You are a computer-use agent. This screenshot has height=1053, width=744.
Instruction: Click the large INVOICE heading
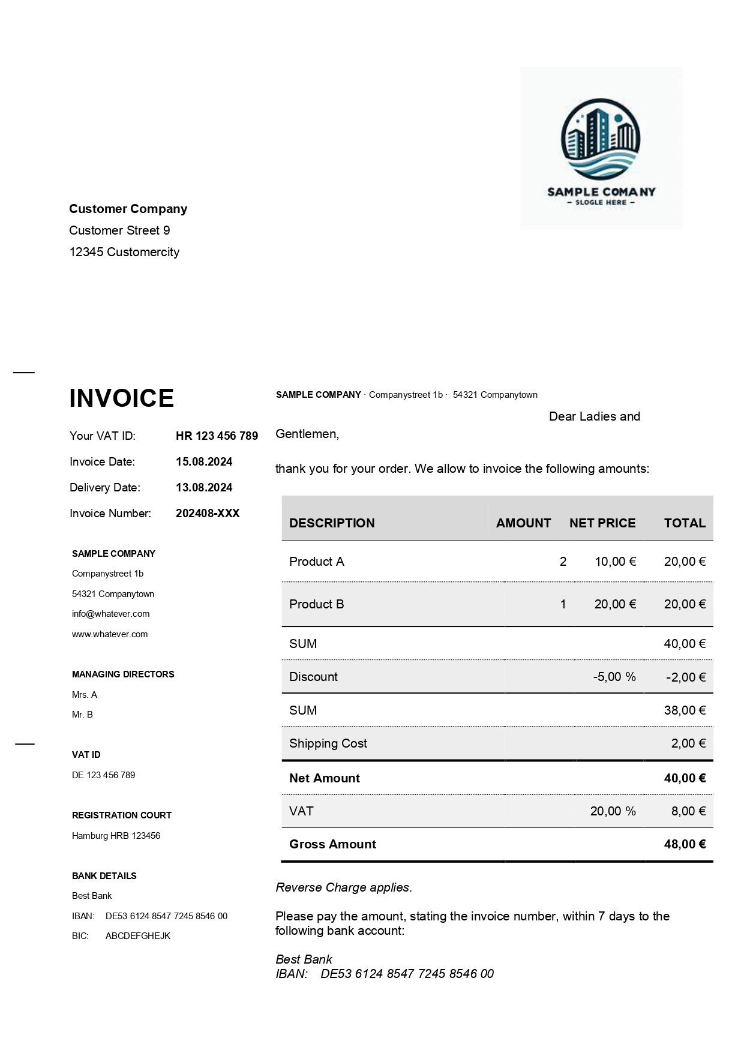[122, 398]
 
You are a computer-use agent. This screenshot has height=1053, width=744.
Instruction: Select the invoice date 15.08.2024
[204, 462]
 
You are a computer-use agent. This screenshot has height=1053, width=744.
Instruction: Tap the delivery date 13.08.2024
[204, 488]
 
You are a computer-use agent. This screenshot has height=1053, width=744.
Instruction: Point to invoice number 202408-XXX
[208, 514]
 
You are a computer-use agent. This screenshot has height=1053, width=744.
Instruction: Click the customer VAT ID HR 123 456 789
[217, 436]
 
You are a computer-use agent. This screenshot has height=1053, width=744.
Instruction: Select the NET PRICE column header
[602, 523]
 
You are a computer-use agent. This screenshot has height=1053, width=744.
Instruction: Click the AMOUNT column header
[523, 523]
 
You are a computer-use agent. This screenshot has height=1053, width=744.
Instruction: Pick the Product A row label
[317, 562]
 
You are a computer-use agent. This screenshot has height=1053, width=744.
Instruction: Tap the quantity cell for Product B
[563, 604]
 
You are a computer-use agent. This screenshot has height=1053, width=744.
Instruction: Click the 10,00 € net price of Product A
[615, 562]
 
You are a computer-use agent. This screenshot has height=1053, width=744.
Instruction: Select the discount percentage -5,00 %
[614, 677]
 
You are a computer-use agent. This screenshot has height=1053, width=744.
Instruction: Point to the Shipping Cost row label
[328, 743]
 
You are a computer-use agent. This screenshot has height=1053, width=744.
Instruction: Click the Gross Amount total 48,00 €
[685, 844]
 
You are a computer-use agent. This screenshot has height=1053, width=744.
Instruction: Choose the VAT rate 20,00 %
[613, 811]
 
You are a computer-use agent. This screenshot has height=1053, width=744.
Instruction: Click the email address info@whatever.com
[111, 614]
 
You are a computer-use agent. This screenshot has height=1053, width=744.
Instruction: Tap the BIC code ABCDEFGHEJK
[138, 936]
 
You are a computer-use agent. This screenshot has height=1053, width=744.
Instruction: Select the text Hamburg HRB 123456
[116, 836]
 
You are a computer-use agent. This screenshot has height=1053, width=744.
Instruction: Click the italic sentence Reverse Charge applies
[344, 887]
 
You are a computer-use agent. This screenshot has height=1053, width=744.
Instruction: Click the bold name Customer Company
[128, 209]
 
